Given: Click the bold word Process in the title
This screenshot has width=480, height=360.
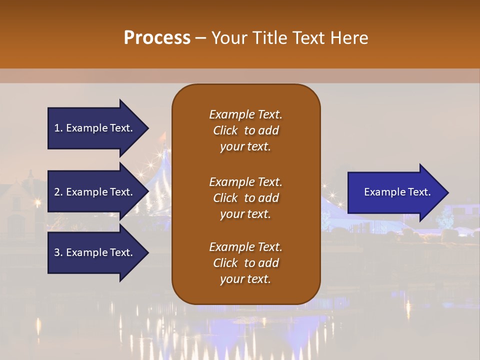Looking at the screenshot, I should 157,38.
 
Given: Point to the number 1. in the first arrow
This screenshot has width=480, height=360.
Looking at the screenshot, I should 58,128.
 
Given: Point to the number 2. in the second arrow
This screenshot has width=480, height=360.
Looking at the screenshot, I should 58,192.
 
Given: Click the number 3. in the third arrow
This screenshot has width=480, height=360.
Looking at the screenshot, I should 58,252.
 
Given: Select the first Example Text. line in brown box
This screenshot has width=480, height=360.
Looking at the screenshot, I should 245,114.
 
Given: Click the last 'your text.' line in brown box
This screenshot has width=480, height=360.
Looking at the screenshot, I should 245,279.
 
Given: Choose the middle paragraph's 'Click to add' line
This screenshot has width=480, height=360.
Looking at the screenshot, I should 245,198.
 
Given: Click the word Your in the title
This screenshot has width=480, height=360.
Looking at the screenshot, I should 228,38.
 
